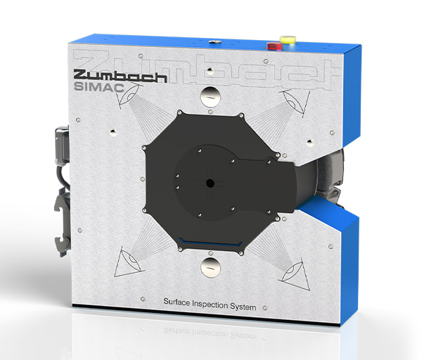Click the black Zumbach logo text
click(x=120, y=76)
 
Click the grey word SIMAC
click(x=98, y=87)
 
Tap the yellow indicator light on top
click(x=288, y=39)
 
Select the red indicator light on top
click(x=274, y=46)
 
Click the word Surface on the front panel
click(x=177, y=302)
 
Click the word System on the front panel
click(x=243, y=307)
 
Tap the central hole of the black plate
click(x=210, y=184)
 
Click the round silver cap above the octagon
click(x=210, y=96)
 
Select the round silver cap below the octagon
click(x=211, y=267)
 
